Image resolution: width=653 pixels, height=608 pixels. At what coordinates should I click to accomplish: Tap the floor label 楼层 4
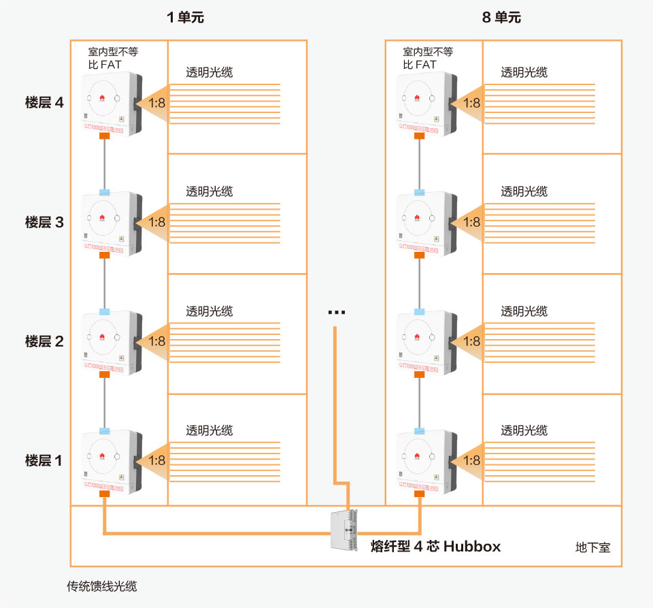point(44,103)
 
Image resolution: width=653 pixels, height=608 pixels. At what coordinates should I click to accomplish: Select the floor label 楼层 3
point(44,222)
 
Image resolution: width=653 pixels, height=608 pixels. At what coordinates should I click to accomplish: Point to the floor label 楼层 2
point(44,341)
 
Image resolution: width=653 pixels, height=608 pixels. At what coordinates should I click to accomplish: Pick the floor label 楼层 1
point(44,460)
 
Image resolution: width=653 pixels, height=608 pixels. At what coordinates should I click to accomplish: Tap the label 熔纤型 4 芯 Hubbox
point(435,546)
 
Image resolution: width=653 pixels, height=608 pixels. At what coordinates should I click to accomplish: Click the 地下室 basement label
point(592,547)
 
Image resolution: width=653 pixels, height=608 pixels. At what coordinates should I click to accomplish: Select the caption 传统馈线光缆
point(101,586)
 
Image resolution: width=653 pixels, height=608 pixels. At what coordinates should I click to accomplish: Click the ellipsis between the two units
point(337,313)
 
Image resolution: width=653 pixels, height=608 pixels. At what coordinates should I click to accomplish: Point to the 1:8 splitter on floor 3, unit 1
point(156,222)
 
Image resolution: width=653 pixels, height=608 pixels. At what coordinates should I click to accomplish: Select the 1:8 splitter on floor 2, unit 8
point(471,341)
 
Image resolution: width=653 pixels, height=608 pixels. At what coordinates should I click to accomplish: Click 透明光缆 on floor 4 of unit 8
point(524,72)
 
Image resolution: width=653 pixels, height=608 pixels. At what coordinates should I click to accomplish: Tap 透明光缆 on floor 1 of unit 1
point(210,430)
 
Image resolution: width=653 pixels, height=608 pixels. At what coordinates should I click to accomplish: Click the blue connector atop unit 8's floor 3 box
point(420,193)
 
